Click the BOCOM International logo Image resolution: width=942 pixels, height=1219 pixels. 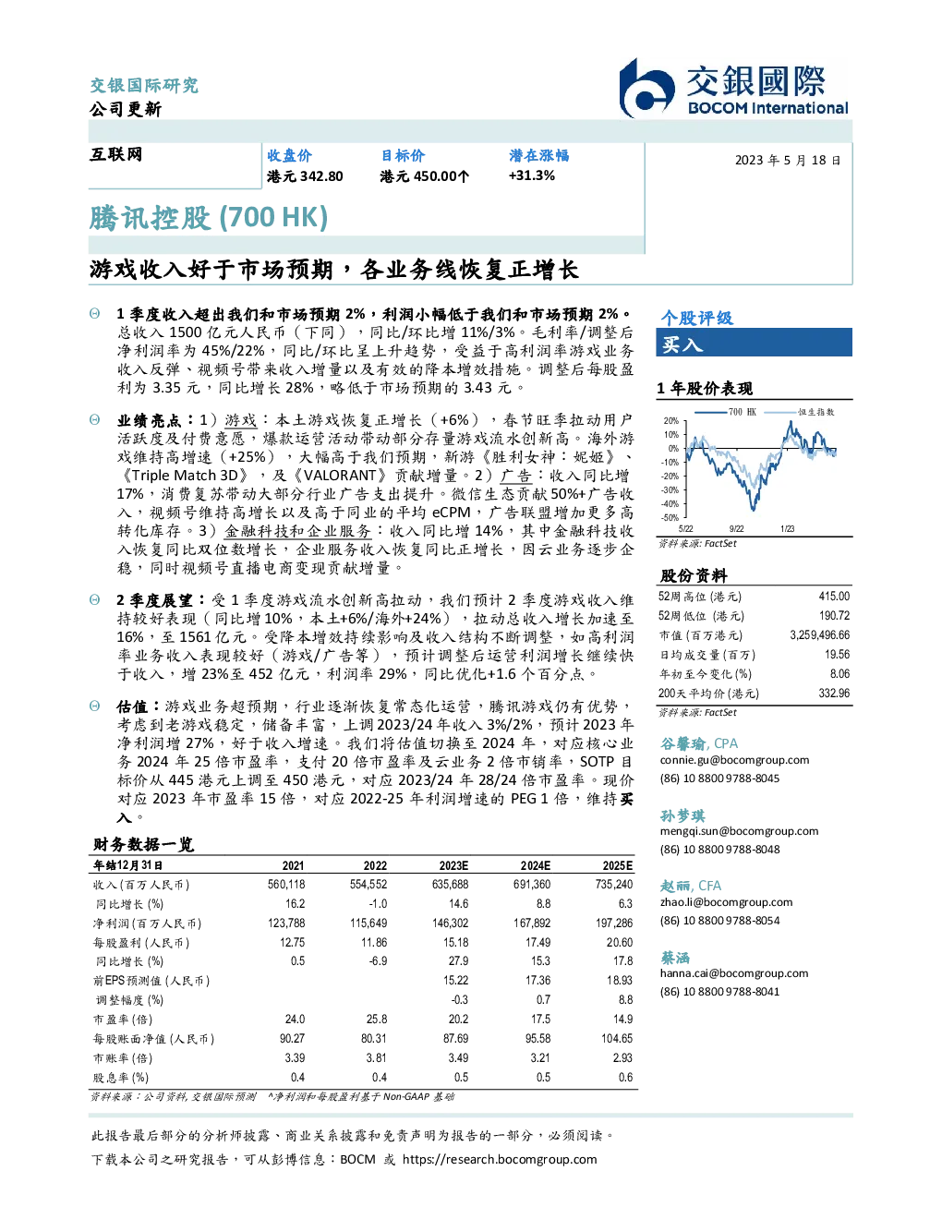pyautogui.click(x=733, y=88)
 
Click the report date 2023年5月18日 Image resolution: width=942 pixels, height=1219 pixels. pyautogui.click(x=788, y=161)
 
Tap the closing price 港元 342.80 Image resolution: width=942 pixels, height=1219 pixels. pyautogui.click(x=305, y=176)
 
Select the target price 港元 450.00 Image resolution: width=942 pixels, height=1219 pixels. pyautogui.click(x=424, y=176)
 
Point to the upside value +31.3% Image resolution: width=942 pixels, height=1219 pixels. pyautogui.click(x=531, y=175)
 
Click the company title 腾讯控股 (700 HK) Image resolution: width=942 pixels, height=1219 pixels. pyautogui.click(x=208, y=218)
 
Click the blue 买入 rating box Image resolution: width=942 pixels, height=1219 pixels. pyautogui.click(x=754, y=343)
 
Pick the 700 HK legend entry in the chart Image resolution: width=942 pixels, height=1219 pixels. pyautogui.click(x=726, y=412)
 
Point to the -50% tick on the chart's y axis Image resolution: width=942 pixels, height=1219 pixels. pyautogui.click(x=670, y=518)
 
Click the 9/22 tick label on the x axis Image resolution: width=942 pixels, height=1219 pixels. pyautogui.click(x=736, y=528)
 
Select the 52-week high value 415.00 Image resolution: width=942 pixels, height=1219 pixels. pyautogui.click(x=834, y=597)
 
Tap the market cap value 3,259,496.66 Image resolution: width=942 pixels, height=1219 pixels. pyautogui.click(x=820, y=635)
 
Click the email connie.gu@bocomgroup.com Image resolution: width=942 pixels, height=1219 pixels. pyautogui.click(x=734, y=760)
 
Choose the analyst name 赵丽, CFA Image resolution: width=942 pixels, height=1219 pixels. pyautogui.click(x=690, y=886)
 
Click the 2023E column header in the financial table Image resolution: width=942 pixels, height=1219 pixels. pyautogui.click(x=453, y=865)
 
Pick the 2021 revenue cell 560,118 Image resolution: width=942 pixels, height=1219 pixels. pyautogui.click(x=286, y=885)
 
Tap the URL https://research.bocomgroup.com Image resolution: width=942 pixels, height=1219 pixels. pyautogui.click(x=500, y=1160)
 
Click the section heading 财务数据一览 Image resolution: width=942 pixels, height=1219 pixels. pyautogui.click(x=144, y=844)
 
